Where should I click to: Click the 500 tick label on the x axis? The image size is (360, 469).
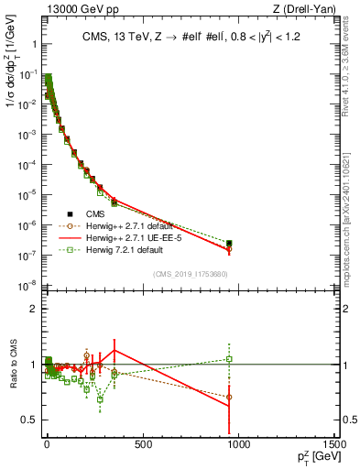pyautogui.click(x=142, y=446)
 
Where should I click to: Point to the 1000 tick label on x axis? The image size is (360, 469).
pyautogui.click(x=238, y=446)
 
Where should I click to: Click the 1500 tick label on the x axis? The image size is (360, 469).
pyautogui.click(x=334, y=446)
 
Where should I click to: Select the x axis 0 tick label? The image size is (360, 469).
pyautogui.click(x=47, y=446)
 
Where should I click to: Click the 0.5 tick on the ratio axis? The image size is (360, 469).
pyautogui.click(x=30, y=420)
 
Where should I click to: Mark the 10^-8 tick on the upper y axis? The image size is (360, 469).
pyautogui.click(x=27, y=286)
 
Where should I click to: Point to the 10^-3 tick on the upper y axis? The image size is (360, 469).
pyautogui.click(x=27, y=134)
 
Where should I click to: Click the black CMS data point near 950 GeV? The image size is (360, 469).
pyautogui.click(x=229, y=243)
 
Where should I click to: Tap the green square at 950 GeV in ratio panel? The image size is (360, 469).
pyautogui.click(x=229, y=359)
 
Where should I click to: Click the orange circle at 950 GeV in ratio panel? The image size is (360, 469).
pyautogui.click(x=229, y=398)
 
